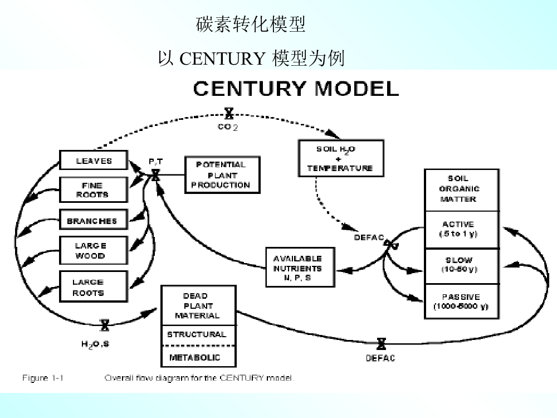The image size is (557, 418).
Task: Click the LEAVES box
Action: tap(94, 161)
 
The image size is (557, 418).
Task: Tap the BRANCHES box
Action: tap(92, 221)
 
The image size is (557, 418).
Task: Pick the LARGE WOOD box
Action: tap(91, 251)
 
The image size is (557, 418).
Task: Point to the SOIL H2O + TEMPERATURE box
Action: tap(340, 159)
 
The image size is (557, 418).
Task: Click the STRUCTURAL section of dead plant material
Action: tap(197, 334)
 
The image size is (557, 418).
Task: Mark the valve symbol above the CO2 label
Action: tap(229, 114)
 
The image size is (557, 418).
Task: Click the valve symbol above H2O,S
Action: tap(104, 324)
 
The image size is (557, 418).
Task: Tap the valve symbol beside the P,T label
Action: tap(155, 175)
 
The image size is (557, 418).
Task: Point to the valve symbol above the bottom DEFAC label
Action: tap(382, 343)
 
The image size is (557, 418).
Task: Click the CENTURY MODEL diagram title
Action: tap(295, 89)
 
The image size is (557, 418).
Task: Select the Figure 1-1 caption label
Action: tap(43, 378)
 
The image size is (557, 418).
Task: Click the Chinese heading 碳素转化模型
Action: tap(251, 24)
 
